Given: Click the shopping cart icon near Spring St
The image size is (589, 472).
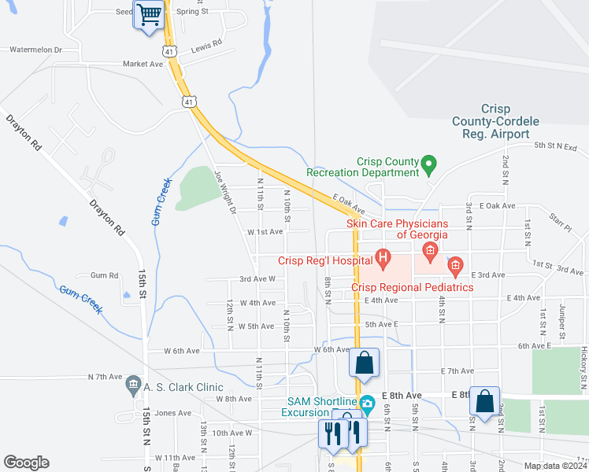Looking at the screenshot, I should [x=148, y=14].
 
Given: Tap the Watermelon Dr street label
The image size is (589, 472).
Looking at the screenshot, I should [x=35, y=50].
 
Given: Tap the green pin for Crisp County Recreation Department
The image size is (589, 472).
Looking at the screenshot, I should [x=429, y=165].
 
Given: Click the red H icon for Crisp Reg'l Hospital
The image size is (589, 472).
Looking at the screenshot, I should [x=383, y=256].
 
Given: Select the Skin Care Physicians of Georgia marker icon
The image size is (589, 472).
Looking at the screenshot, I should [x=430, y=252].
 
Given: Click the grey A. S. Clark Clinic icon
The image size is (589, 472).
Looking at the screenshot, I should [x=132, y=387].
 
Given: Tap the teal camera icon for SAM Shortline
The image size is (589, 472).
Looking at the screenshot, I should [x=368, y=403].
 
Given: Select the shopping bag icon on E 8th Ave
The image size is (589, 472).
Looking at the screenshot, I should [x=484, y=400].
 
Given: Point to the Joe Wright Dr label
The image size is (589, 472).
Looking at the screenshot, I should [x=225, y=194].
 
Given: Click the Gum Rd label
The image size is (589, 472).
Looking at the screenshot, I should [x=104, y=275].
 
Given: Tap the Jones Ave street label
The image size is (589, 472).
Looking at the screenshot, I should [x=173, y=413].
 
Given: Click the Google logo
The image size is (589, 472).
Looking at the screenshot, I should [x=26, y=463].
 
